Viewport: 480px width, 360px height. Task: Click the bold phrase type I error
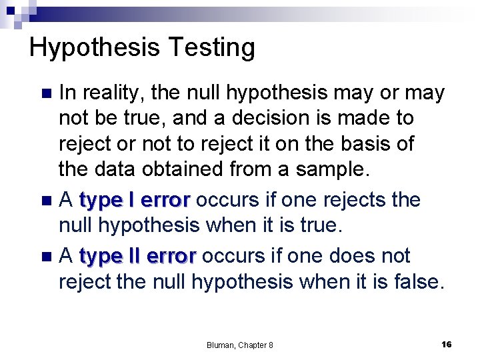tap(135, 200)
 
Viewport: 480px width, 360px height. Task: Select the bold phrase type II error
tap(137, 256)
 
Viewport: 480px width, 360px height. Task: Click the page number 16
tap(447, 344)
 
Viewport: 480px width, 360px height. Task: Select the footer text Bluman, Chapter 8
tap(240, 345)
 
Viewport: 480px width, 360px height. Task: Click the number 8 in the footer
tap(270, 345)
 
